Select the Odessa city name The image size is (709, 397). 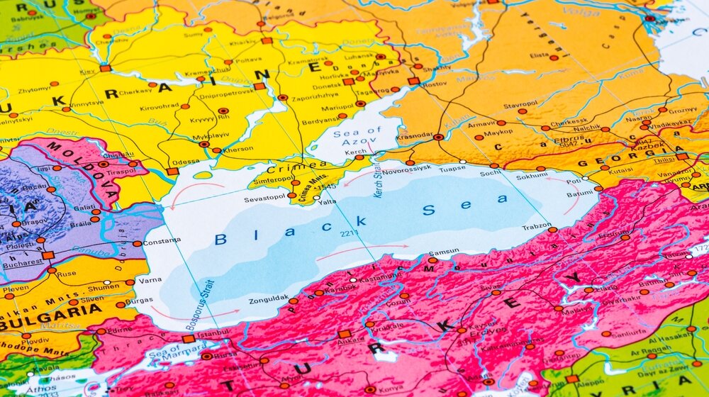pyautogui.click(x=186, y=162)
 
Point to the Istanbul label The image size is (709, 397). pyautogui.click(x=213, y=332)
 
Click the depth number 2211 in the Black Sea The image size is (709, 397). pyautogui.click(x=349, y=233)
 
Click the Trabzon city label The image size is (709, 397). pyautogui.click(x=536, y=226)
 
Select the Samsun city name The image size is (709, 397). pyautogui.click(x=444, y=252)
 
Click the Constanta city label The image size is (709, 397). pyautogui.click(x=162, y=242)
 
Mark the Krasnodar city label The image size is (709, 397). pyautogui.click(x=415, y=135)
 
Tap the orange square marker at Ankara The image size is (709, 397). pyautogui.click(x=345, y=333)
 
